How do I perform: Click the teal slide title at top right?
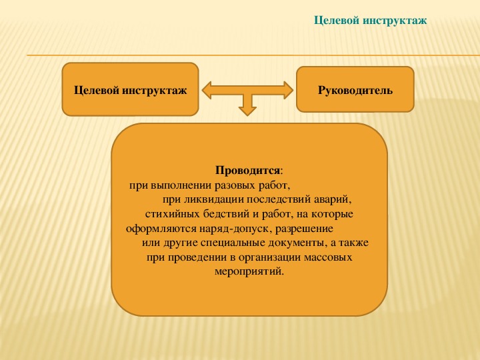371,21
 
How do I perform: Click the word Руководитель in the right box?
355,90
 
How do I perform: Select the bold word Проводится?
247,171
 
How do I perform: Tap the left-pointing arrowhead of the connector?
207,90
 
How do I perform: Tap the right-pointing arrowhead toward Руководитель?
289,90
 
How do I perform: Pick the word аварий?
333,200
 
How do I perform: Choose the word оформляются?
161,229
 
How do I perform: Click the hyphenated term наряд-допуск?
235,229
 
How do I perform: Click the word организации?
270,257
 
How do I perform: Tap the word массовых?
328,257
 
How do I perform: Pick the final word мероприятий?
249,271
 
